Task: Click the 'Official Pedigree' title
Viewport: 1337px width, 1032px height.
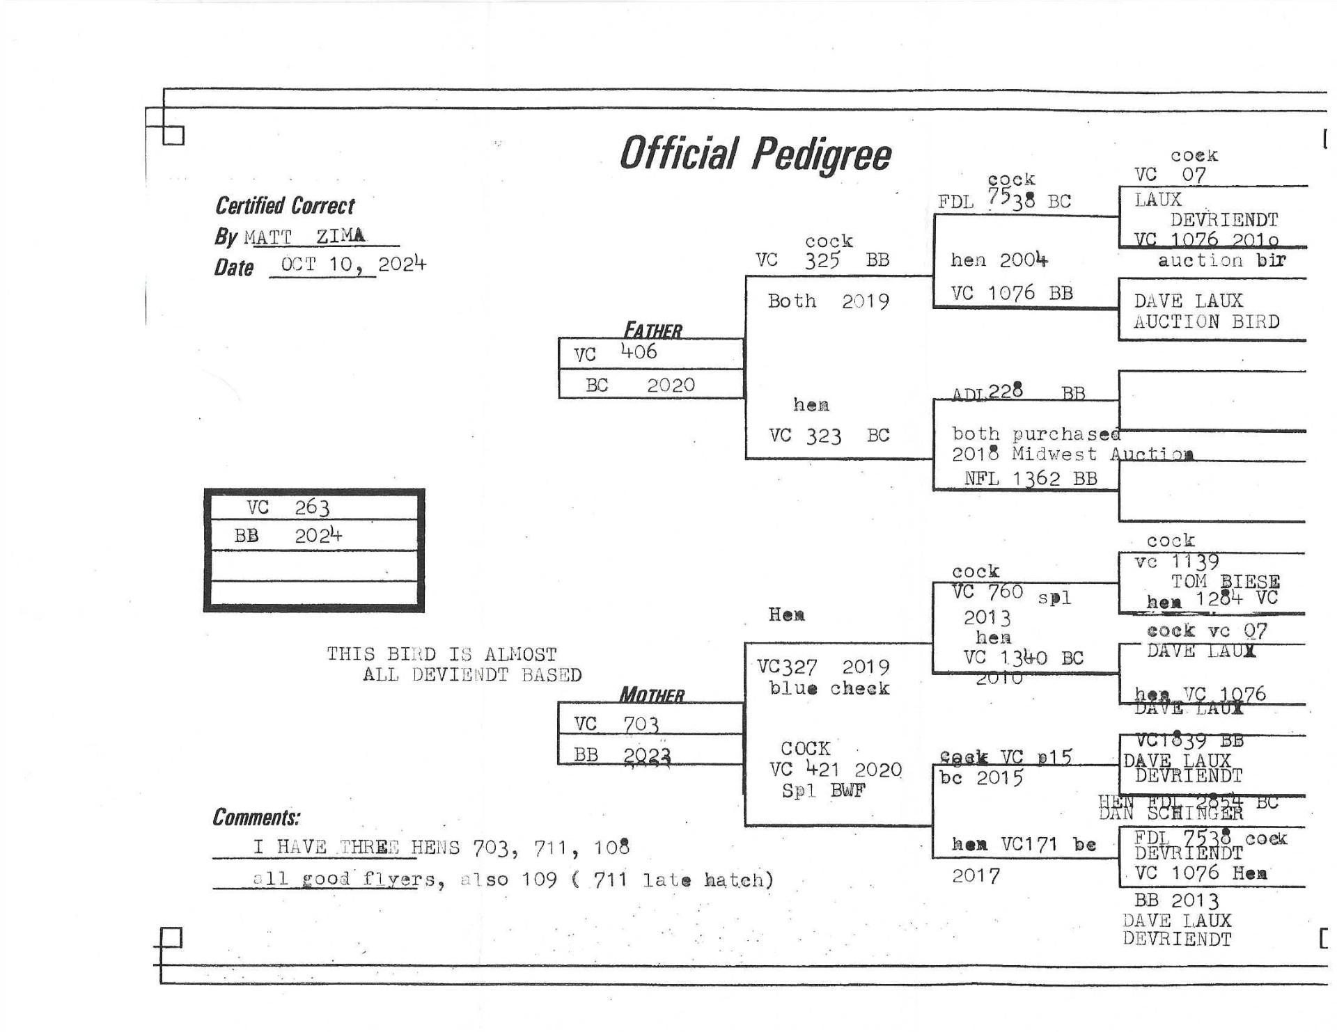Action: click(x=755, y=154)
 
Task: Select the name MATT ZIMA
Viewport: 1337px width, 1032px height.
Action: click(x=304, y=237)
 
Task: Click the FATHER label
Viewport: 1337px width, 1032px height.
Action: click(x=652, y=330)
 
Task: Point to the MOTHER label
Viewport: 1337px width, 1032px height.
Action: click(x=652, y=694)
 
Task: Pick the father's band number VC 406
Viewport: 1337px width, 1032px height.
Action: click(x=616, y=353)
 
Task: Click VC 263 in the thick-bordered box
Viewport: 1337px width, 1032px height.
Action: click(x=288, y=507)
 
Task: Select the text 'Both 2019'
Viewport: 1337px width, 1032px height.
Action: click(x=828, y=301)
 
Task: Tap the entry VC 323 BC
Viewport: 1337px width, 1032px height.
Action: click(x=829, y=436)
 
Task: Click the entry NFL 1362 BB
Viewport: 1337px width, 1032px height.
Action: click(x=1031, y=479)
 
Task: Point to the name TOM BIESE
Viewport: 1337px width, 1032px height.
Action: click(x=1225, y=581)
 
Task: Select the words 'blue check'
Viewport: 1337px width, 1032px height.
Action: click(x=829, y=688)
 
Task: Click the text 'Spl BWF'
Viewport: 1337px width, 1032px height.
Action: click(x=823, y=791)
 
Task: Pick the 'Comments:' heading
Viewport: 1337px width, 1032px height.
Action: click(x=256, y=817)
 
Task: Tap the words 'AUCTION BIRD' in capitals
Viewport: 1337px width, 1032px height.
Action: click(x=1206, y=321)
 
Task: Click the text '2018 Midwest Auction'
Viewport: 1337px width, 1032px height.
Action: click(x=1072, y=454)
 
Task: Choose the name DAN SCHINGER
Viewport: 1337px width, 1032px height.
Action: click(x=1171, y=813)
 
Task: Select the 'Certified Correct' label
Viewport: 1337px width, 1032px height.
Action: click(x=284, y=206)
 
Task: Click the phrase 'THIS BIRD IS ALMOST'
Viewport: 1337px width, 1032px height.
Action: click(x=441, y=654)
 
